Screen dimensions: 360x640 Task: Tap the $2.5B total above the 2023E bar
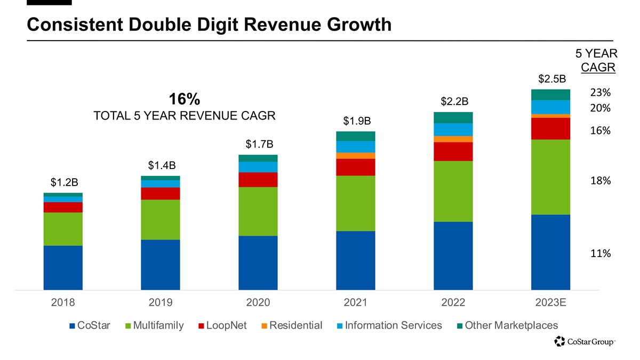tap(551, 79)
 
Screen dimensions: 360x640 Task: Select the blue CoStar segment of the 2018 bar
tap(63, 268)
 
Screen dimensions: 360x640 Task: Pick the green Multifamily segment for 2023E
tap(550, 177)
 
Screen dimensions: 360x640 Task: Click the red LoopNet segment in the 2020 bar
tap(258, 179)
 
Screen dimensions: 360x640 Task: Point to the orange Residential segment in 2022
tap(453, 139)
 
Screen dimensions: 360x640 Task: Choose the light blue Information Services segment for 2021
tap(355, 147)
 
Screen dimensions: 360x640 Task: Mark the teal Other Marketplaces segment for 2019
tap(160, 178)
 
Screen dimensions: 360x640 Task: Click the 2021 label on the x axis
tap(355, 302)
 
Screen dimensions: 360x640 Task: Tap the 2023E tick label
tap(550, 302)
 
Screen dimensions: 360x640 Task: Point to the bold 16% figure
tap(184, 99)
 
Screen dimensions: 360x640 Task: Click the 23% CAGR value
tap(601, 92)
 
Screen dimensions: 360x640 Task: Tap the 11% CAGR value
tap(601, 254)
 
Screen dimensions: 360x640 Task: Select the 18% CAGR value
tap(601, 181)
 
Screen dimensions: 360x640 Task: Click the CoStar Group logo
tap(585, 341)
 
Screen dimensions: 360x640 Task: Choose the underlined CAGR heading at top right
tap(598, 68)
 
